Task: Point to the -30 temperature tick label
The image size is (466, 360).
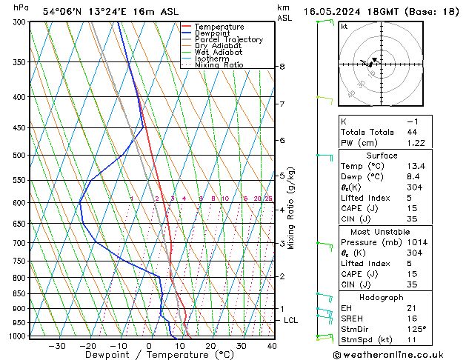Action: (x=56, y=346)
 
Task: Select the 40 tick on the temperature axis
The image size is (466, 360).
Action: (x=272, y=346)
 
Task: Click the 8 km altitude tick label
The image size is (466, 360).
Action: (x=282, y=67)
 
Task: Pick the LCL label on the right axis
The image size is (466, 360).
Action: (x=292, y=320)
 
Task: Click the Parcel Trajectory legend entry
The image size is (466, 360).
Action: (x=229, y=40)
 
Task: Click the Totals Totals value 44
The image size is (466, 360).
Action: (x=411, y=132)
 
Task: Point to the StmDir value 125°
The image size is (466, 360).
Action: (x=416, y=328)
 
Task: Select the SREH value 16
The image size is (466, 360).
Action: (x=411, y=318)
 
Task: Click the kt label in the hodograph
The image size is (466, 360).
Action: (x=344, y=26)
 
